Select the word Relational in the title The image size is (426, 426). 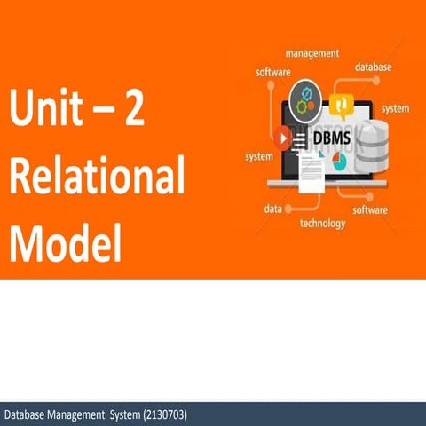(98, 178)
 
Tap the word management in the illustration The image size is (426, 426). (312, 53)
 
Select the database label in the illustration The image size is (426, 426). (375, 67)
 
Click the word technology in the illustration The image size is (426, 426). (322, 224)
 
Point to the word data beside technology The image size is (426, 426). (273, 209)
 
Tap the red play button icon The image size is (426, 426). (284, 137)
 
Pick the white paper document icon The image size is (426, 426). (311, 171)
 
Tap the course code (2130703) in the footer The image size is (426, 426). (163, 414)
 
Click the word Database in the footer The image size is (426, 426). (27, 414)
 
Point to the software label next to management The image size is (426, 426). (274, 71)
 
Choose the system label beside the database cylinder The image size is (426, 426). (395, 108)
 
